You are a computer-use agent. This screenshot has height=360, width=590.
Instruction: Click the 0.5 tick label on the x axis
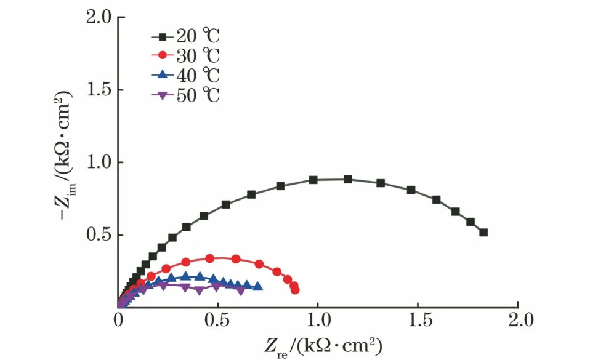pyautogui.click(x=217, y=321)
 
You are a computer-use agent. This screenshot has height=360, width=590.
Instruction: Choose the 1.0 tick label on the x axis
pyautogui.click(x=318, y=321)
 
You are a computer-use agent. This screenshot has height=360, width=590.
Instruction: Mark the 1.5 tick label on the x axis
pyautogui.click(x=418, y=321)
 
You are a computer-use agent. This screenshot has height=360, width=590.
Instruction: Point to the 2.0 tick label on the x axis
pyautogui.click(x=518, y=321)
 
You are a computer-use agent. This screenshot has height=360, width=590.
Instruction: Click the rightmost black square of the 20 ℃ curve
pyautogui.click(x=483, y=233)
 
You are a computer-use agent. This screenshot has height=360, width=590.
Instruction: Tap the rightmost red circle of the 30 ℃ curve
pyautogui.click(x=295, y=289)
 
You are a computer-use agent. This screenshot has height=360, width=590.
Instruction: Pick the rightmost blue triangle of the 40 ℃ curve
pyautogui.click(x=258, y=286)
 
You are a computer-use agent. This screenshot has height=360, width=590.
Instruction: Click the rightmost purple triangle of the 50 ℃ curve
pyautogui.click(x=241, y=290)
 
